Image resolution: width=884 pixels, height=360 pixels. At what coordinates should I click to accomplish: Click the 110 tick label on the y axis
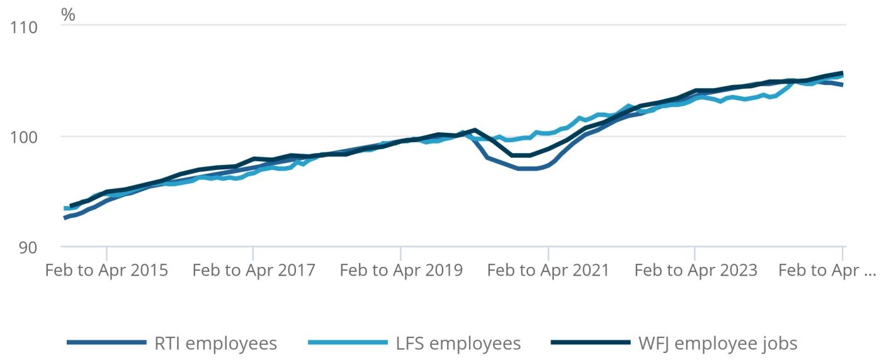coord(25,27)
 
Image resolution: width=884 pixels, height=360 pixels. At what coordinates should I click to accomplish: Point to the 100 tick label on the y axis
coord(25,137)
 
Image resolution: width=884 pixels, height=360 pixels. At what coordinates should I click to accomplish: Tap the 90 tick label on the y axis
coord(27,247)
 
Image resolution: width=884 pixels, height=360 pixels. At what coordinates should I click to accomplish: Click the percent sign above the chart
coord(68,15)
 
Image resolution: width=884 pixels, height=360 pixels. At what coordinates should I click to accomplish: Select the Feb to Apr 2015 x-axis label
coord(106,271)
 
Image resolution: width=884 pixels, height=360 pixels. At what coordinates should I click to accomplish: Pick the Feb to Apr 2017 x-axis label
coord(254,271)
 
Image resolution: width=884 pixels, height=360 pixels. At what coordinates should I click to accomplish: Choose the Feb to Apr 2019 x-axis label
coord(401,271)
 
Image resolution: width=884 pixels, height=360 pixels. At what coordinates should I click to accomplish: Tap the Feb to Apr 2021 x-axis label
coord(548,271)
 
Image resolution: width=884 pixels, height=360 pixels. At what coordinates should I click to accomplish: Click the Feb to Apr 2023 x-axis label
coord(696,271)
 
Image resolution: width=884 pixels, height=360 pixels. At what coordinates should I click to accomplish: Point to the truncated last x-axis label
coord(827,271)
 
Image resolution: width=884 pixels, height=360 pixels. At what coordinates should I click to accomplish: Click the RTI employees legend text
coord(216,344)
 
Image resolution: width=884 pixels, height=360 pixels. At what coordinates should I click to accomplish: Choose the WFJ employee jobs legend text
coord(718,344)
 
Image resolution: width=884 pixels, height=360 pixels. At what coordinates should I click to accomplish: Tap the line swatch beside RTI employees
coord(106,343)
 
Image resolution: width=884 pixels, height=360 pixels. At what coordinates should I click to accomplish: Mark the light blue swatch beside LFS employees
coord(348,343)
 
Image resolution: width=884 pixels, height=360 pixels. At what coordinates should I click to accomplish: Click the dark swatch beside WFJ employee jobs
coord(590,343)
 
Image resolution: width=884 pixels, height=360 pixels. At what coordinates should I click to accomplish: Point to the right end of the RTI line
coord(842,84)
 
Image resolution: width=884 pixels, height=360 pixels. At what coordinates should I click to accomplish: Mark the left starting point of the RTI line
coord(65,218)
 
